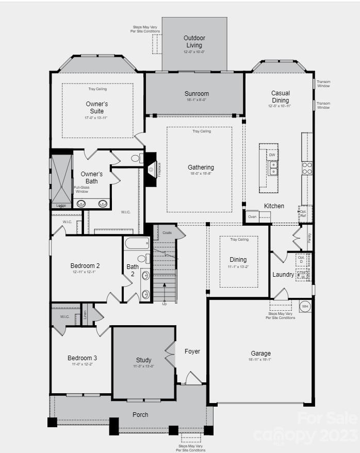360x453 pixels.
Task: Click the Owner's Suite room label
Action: (x=97, y=107)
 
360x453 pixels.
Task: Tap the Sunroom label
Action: (x=197, y=94)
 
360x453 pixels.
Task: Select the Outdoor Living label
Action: (x=194, y=41)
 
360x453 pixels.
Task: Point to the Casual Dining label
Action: (x=280, y=96)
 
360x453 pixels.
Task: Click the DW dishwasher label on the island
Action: (x=272, y=155)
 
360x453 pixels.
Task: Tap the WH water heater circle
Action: (x=305, y=306)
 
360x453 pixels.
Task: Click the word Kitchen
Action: (x=274, y=206)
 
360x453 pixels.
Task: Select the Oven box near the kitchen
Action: (x=252, y=217)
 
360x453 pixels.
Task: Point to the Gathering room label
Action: (x=201, y=167)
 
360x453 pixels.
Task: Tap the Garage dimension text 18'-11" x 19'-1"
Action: (x=260, y=360)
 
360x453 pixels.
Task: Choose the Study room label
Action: (x=144, y=360)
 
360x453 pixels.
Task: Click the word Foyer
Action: (x=192, y=351)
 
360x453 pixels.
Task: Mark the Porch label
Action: (x=140, y=414)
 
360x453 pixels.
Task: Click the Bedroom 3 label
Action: (x=82, y=358)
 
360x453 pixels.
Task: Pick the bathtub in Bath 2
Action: (x=137, y=243)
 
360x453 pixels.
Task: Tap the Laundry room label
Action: (x=283, y=275)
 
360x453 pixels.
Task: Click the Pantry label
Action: (x=309, y=238)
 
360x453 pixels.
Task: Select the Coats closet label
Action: (x=167, y=233)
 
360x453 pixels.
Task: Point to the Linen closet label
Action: (x=85, y=314)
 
